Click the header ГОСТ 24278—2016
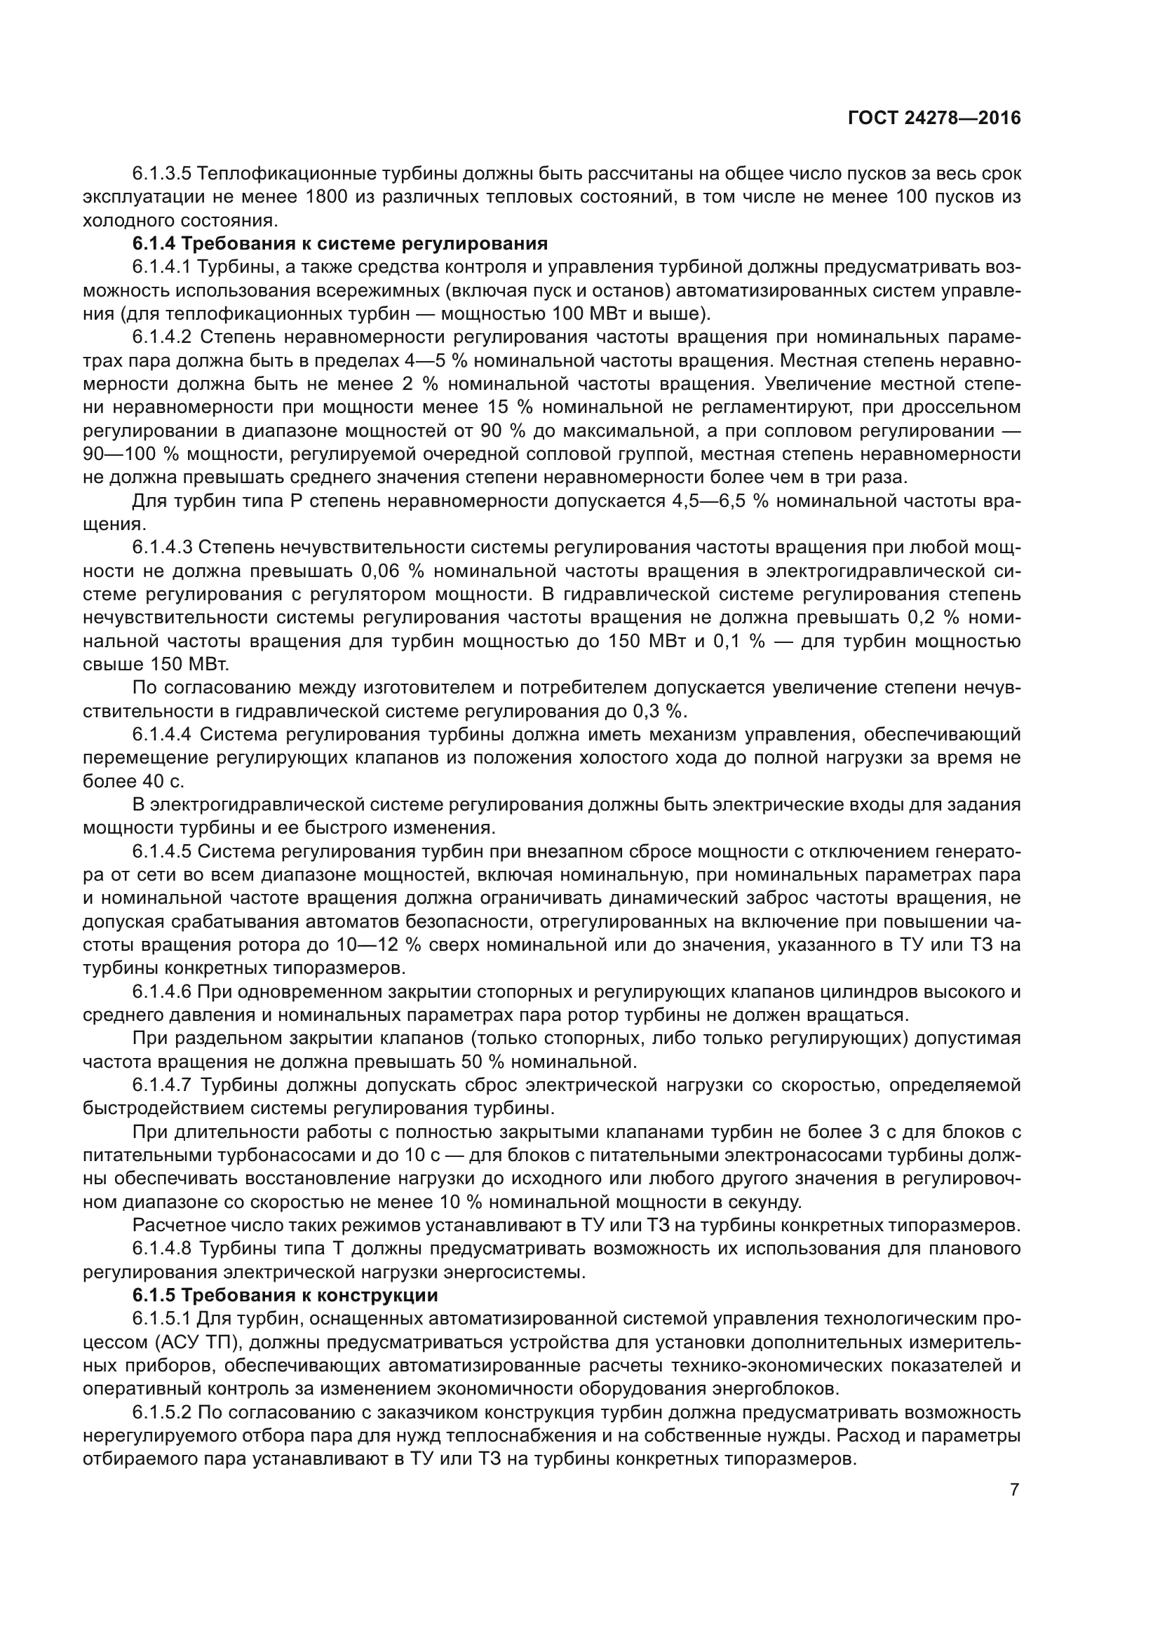(934, 118)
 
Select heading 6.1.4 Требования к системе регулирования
(340, 243)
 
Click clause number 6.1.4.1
(162, 267)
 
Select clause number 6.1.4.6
(162, 992)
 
